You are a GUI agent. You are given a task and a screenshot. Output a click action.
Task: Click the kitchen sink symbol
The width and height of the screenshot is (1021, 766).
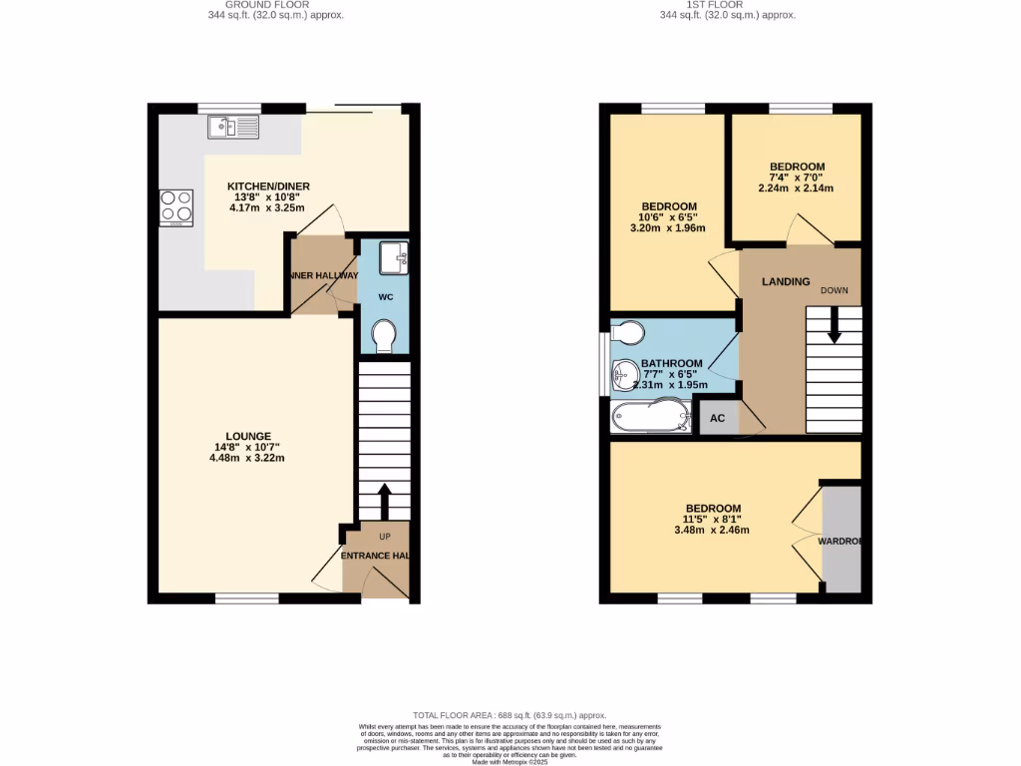coord(232,127)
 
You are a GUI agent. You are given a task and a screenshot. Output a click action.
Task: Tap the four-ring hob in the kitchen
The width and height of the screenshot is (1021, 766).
coord(176,206)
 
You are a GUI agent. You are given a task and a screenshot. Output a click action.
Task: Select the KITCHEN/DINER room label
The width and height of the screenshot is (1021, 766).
coord(268,187)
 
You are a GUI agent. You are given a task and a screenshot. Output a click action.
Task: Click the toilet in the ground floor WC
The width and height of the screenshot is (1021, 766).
coord(382,338)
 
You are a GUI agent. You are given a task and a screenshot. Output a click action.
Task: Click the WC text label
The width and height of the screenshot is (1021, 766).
coord(382,297)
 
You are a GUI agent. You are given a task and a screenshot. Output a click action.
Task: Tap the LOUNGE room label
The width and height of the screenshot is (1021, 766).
coord(248,436)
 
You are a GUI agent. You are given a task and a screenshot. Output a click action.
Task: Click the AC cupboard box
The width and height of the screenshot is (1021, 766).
coord(718,419)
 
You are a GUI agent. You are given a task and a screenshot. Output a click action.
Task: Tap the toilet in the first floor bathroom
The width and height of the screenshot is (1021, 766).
coord(627,331)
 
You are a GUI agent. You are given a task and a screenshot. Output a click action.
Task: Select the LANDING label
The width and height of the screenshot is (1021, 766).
coord(786,282)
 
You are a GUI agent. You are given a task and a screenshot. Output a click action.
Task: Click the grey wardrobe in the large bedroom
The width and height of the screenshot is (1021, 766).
coord(841,539)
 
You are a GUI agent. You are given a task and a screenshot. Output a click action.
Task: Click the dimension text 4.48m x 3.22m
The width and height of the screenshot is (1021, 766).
coord(247,459)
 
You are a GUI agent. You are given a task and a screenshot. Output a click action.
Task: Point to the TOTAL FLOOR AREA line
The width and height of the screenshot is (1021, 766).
coord(510,715)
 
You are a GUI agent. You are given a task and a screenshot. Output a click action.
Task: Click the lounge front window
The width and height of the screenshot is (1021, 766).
coord(247,598)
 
